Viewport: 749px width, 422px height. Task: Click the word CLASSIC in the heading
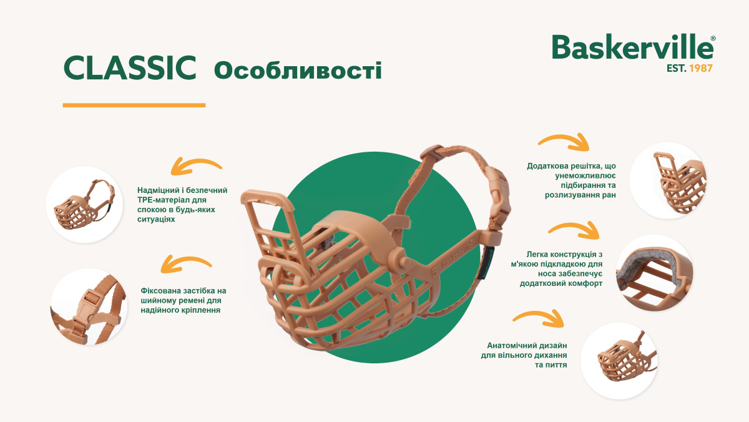click(x=130, y=69)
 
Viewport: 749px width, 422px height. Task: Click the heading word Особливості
click(x=298, y=71)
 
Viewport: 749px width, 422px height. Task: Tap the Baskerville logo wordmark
click(x=632, y=47)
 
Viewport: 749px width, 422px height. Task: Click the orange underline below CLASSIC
click(x=134, y=105)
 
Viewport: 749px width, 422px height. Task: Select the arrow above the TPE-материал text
click(x=197, y=167)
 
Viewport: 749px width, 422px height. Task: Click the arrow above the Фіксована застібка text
click(x=186, y=263)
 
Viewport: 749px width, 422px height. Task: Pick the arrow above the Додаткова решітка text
click(x=564, y=142)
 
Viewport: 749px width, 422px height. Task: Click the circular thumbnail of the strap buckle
click(x=89, y=307)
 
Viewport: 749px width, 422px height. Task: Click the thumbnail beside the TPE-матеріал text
click(x=84, y=204)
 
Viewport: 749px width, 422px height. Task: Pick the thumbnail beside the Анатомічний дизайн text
click(x=619, y=361)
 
